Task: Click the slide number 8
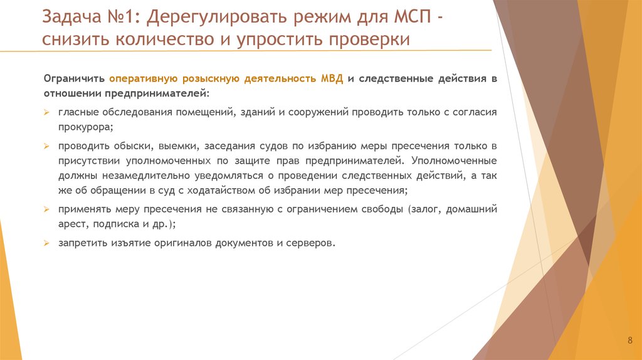click(629, 341)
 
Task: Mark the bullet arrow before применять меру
click(46, 209)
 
